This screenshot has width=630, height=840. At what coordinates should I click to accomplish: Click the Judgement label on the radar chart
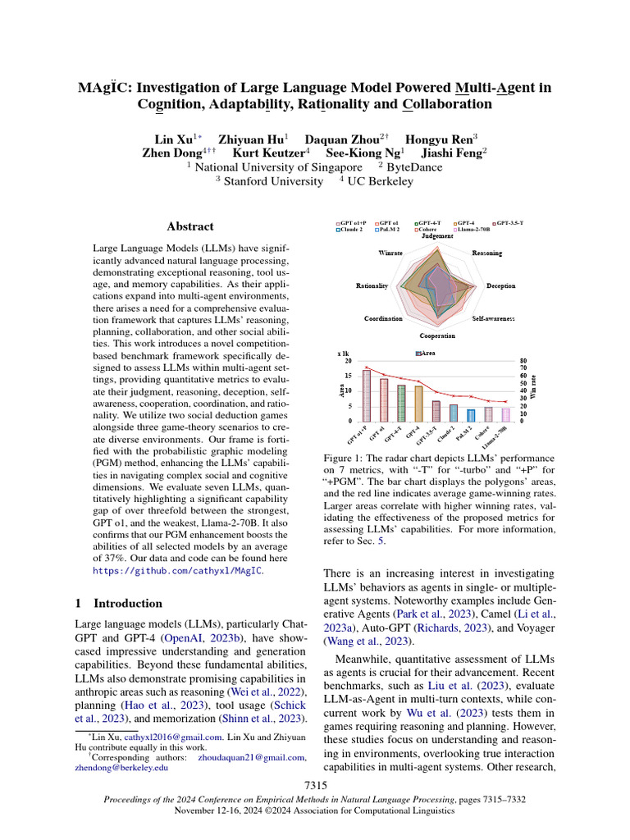coord(437,236)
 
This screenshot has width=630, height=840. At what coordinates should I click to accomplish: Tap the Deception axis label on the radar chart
coord(500,286)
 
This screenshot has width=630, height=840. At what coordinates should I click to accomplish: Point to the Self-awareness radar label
coord(494,318)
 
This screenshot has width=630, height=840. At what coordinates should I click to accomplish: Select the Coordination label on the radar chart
coord(383,318)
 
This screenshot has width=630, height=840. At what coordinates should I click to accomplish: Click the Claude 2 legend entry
coord(351,230)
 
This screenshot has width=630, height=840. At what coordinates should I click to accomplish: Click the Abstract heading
coord(190,226)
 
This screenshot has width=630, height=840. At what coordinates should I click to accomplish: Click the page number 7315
coord(315,786)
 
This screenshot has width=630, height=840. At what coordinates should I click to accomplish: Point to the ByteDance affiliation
coord(414,167)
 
